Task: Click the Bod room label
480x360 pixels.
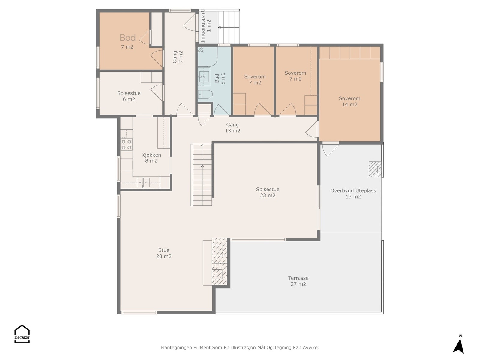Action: [x=127, y=37]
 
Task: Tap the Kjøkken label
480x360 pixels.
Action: [x=151, y=155]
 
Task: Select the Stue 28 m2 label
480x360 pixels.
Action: [x=164, y=253]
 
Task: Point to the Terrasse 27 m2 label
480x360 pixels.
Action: [x=298, y=281]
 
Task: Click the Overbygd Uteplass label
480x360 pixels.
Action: [x=353, y=190]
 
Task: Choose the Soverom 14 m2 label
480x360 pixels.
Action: [x=349, y=101]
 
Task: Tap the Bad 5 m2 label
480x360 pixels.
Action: [x=220, y=79]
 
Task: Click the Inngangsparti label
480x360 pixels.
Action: [x=202, y=26]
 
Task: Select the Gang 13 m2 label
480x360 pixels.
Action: [x=232, y=128]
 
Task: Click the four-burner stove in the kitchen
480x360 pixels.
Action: [x=126, y=145]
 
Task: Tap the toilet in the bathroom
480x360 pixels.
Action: [x=205, y=94]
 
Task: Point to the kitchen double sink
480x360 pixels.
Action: [x=143, y=182]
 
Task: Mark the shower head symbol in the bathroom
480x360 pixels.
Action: [x=201, y=50]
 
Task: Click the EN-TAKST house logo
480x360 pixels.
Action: [x=22, y=334]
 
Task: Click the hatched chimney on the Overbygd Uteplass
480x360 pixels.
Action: [x=375, y=169]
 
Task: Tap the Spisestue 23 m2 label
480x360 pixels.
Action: [x=268, y=193]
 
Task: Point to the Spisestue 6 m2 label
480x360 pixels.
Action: [x=129, y=96]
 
